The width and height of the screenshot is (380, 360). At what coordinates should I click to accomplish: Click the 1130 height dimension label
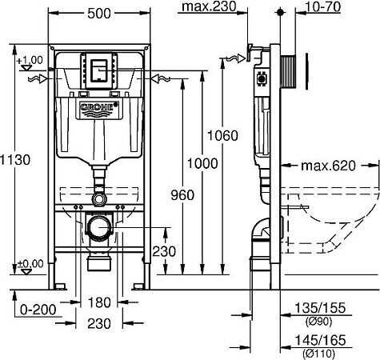click(x=14, y=160)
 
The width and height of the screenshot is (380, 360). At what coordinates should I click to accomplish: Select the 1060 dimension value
click(x=226, y=136)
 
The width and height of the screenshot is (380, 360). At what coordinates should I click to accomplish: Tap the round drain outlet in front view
click(x=99, y=228)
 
